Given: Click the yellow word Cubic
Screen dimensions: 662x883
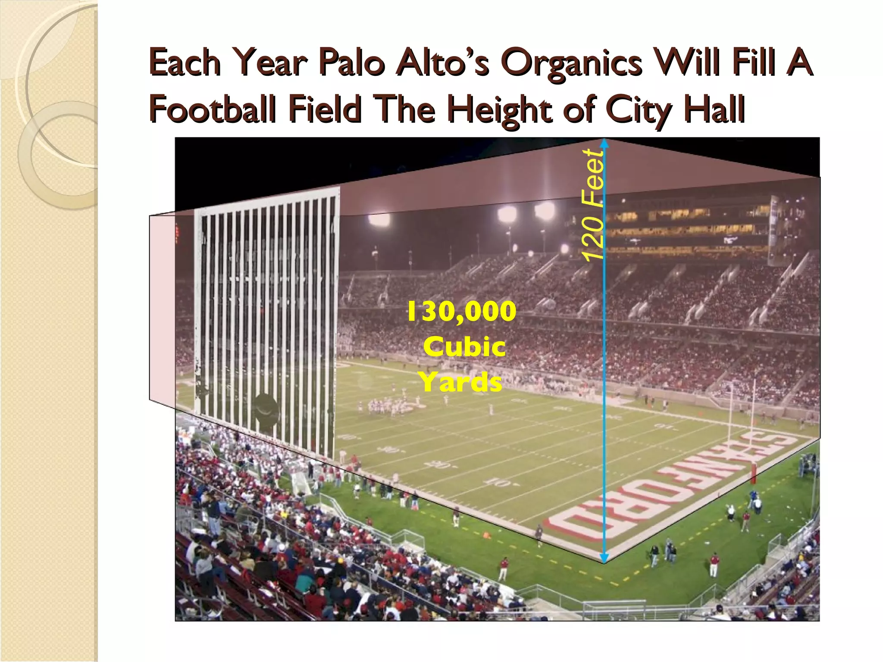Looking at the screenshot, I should [x=464, y=347].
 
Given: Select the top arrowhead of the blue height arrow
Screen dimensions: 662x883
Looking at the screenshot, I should [x=604, y=143].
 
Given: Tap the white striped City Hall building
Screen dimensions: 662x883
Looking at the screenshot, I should [x=266, y=319].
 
